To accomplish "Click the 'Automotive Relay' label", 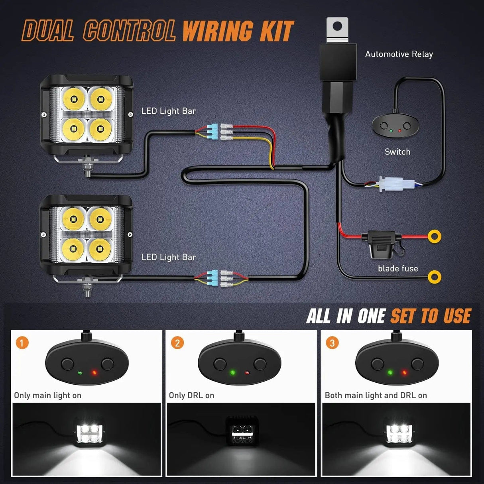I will [399, 54].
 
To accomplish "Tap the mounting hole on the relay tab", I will [337, 27].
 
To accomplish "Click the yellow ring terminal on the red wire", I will [434, 236].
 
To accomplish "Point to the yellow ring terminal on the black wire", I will [434, 277].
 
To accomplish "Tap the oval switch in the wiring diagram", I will [395, 127].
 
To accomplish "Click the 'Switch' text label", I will [397, 152].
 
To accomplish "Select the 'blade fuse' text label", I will [398, 269].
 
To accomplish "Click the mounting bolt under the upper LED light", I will [87, 167].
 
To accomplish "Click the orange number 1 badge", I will [22, 342].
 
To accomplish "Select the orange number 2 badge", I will [177, 342].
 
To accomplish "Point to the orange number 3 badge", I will [332, 342].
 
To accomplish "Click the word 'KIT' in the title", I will [277, 31].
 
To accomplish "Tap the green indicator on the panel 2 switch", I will [232, 373].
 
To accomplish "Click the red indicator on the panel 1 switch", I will [94, 373].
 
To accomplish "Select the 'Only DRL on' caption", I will [191, 395].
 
